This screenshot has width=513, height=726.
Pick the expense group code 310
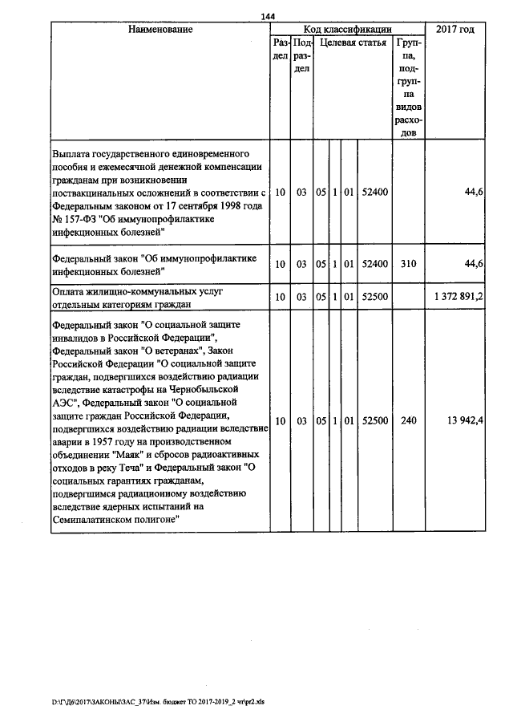pos(409,263)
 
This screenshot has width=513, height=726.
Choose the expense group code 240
pos(409,420)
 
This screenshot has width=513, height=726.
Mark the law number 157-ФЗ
pos(83,218)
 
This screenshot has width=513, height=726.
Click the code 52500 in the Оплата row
pos(375,298)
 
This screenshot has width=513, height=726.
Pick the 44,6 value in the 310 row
pos(473,263)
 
